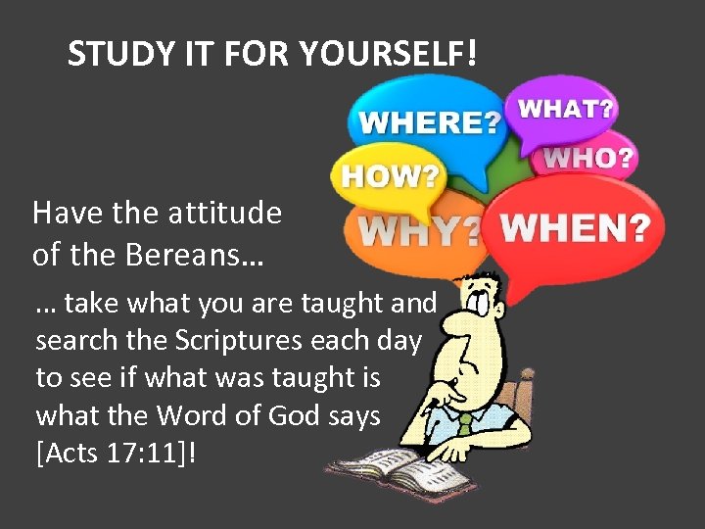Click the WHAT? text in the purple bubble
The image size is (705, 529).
(566, 108)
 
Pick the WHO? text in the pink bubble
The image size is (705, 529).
(588, 157)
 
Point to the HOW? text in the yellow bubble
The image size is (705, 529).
(390, 177)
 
